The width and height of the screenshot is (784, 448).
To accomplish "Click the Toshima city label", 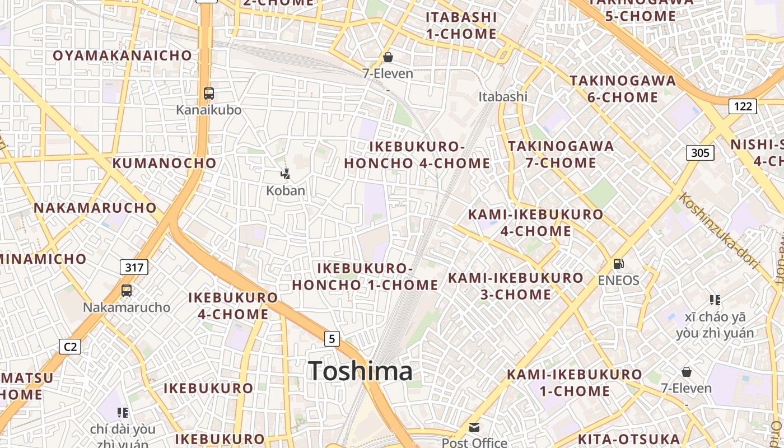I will tap(361, 371).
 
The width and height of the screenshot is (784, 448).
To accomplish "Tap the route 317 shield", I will tap(134, 267).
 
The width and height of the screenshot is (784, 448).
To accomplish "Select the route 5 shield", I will tap(332, 338).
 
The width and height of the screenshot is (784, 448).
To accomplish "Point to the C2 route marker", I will tap(70, 347).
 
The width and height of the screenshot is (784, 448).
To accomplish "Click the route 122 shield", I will tap(743, 106).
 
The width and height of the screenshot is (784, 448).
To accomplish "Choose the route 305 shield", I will tap(700, 152).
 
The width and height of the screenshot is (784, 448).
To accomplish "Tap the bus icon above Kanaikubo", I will tap(209, 94).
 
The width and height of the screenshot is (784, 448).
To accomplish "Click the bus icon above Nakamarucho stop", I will tap(127, 291).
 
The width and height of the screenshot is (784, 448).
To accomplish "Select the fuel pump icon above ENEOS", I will tap(618, 263).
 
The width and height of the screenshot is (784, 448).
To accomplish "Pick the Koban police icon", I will tap(286, 174).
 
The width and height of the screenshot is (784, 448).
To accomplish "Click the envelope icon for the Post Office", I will tap(474, 428).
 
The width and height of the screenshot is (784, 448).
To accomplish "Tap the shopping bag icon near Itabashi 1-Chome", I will tap(388, 57).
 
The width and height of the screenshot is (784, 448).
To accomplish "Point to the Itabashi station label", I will tap(503, 96).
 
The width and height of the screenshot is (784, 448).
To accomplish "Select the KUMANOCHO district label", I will tap(164, 163).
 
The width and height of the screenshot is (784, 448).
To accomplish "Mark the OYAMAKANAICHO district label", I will tap(122, 55).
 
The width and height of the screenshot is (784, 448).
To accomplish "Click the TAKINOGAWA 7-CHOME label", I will tap(561, 155).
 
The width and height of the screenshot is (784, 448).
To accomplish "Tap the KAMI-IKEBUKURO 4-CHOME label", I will tap(535, 222).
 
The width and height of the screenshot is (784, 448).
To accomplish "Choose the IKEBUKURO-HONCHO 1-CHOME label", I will tap(365, 277).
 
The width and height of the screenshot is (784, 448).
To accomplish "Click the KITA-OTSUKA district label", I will tap(628, 439).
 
